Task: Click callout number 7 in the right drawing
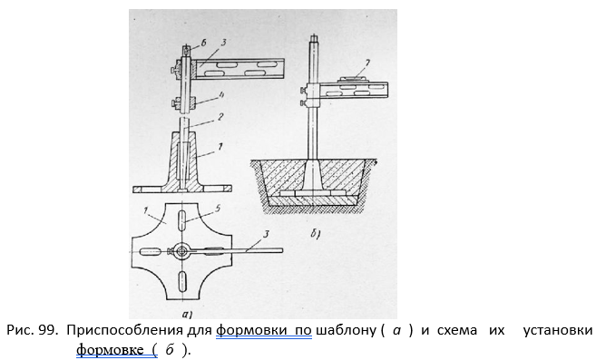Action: (367, 62)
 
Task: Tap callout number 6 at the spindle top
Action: (204, 44)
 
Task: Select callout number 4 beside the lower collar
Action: (221, 95)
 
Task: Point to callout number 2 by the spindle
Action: (220, 116)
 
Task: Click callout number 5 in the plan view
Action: (218, 209)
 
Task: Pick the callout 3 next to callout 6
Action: (223, 43)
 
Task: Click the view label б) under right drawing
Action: (315, 233)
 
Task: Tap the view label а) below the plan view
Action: (187, 315)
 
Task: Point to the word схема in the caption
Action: (457, 331)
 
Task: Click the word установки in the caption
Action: (558, 331)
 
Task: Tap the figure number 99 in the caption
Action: (48, 330)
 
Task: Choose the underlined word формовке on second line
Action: (110, 349)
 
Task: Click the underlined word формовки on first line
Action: (251, 331)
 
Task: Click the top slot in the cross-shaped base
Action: (181, 220)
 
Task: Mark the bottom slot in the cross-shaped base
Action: (181, 281)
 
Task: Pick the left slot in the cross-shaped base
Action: (149, 252)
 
